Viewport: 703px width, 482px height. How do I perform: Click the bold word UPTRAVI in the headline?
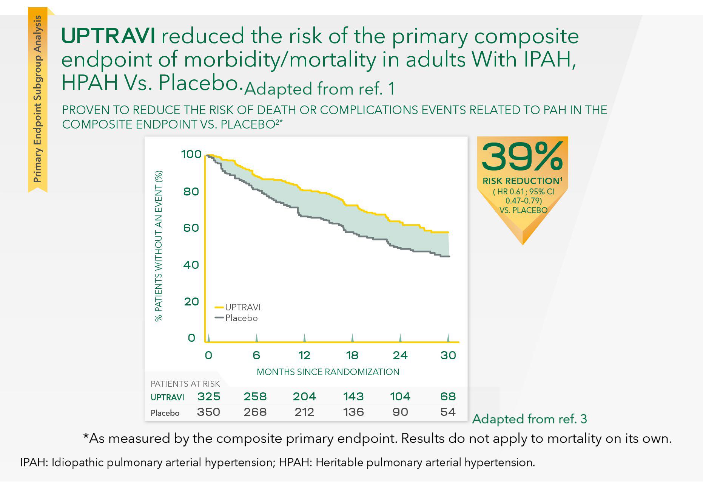[x=108, y=36]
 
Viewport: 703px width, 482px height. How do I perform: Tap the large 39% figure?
[x=523, y=157]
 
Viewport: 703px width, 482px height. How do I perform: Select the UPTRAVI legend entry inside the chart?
[x=238, y=307]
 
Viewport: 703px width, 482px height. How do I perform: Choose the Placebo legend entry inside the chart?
[x=236, y=318]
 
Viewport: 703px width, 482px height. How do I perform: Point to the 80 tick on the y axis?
[x=191, y=191]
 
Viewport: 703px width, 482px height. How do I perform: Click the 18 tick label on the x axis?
[x=352, y=355]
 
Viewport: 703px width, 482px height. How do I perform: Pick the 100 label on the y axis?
[x=191, y=154]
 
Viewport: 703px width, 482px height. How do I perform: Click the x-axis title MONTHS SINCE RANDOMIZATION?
[x=328, y=372]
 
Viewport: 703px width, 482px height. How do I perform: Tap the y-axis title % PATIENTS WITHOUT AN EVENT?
[x=159, y=246]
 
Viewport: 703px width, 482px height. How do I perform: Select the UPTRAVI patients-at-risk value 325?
[x=209, y=397]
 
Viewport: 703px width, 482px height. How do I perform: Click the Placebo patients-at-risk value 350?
[x=208, y=412]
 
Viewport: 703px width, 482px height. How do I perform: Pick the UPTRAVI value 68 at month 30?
[x=448, y=397]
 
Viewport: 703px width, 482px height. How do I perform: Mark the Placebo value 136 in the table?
[x=353, y=412]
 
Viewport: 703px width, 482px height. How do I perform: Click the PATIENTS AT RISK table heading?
[x=185, y=384]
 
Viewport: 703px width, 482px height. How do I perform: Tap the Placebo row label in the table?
[x=165, y=413]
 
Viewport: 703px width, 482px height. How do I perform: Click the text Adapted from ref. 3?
[x=530, y=419]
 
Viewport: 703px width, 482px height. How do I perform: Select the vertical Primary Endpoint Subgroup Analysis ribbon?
[x=37, y=99]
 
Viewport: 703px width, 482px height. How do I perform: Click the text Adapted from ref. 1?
[x=319, y=89]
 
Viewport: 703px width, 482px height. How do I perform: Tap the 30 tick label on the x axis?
[x=448, y=355]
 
